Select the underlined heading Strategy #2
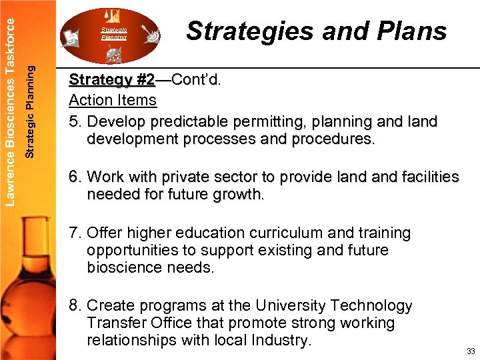point(111,80)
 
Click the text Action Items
point(113,101)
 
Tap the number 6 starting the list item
point(75,177)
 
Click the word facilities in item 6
point(427,177)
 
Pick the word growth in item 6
point(241,195)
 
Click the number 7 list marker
point(75,233)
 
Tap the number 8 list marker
point(75,306)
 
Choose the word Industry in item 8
point(279,341)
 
